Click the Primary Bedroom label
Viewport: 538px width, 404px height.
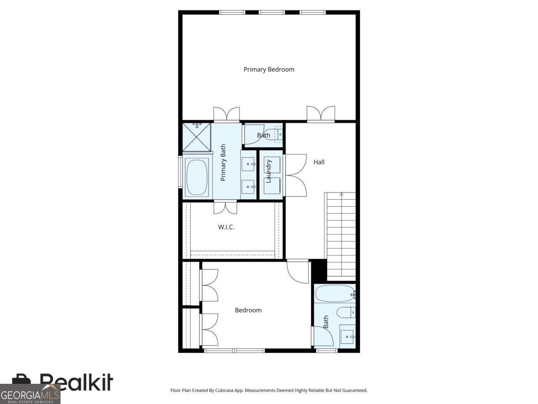(269, 70)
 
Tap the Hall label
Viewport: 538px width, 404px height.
(319, 162)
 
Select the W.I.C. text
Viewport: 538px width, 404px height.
(226, 227)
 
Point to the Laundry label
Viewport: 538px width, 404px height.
(269, 171)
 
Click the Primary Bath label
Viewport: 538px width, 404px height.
(223, 162)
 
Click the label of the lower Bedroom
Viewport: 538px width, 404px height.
(248, 310)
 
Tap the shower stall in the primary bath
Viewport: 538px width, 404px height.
(196, 137)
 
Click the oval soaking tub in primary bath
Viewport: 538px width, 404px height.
(197, 178)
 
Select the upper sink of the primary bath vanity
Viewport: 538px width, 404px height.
(248, 163)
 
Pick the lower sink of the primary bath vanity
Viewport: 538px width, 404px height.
(248, 187)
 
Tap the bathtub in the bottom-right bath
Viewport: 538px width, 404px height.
(335, 294)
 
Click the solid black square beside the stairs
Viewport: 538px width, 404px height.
(319, 270)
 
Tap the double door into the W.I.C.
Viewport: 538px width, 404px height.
(225, 207)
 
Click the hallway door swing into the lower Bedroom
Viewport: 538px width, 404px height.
(298, 272)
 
